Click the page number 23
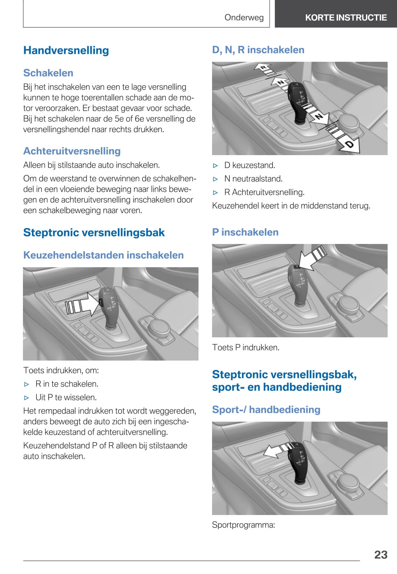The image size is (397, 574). (x=381, y=555)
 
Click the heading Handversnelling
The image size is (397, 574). (x=66, y=50)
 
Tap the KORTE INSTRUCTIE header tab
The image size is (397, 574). (x=346, y=17)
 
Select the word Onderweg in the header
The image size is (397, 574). (x=244, y=17)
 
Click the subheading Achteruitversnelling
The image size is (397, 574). (x=72, y=151)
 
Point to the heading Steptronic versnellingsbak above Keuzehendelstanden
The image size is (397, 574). (x=94, y=233)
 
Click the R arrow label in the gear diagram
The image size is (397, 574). (x=264, y=67)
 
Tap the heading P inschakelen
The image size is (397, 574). (x=245, y=232)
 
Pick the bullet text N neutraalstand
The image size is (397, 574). (x=253, y=179)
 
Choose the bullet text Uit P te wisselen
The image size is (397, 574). (x=66, y=397)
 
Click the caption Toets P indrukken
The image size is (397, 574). (x=246, y=347)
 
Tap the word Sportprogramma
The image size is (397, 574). (x=243, y=525)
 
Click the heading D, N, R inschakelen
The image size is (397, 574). (x=258, y=50)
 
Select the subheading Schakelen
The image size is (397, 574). (x=48, y=73)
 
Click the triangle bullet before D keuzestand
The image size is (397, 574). (x=216, y=166)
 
